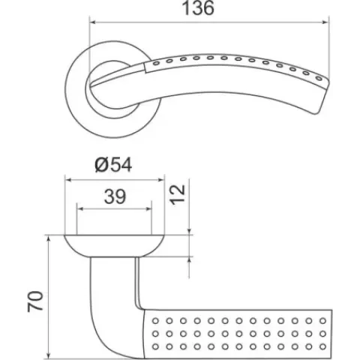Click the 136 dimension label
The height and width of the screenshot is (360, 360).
[198, 8]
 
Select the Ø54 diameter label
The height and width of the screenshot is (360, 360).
[113, 165]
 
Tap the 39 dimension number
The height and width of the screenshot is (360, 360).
[115, 196]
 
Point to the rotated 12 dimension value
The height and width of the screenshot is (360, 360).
[178, 195]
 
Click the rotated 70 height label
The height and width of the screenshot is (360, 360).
[35, 301]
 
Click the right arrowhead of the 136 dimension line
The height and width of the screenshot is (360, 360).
[326, 22]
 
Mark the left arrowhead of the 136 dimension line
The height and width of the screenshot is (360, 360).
[93, 22]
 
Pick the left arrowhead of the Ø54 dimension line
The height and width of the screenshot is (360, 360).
[68, 180]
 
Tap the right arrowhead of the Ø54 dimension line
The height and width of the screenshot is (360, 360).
[161, 180]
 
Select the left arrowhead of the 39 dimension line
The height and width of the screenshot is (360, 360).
[80, 208]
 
